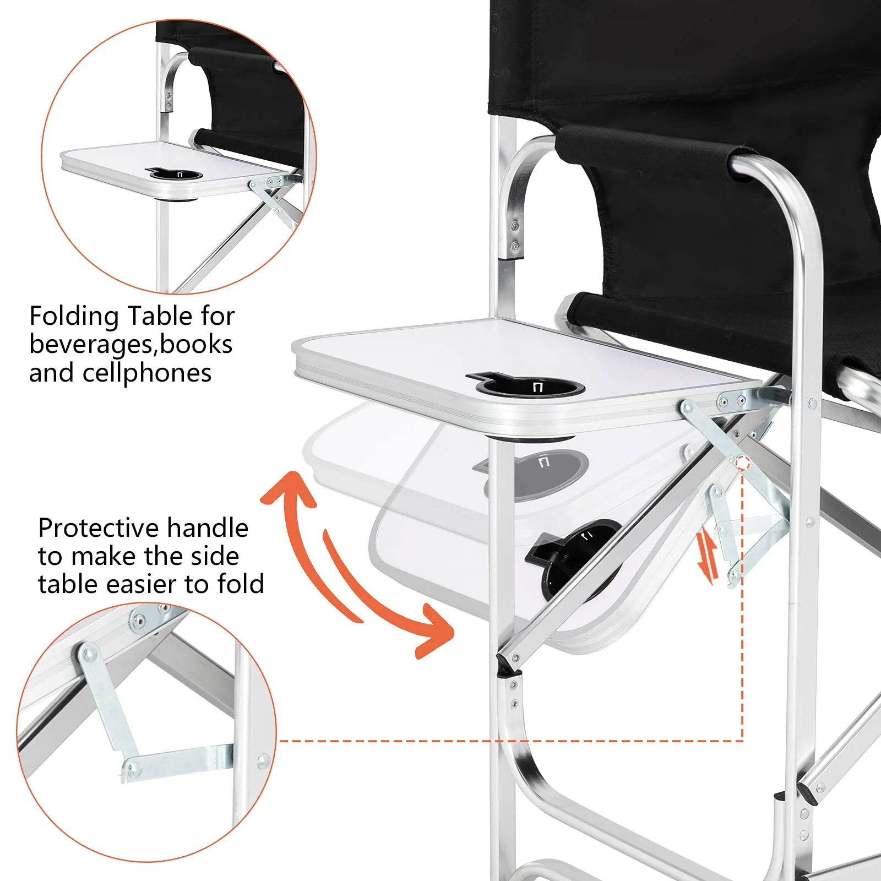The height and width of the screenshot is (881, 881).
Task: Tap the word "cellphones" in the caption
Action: pyautogui.click(x=147, y=373)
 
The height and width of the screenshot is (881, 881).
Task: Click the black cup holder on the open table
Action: pyautogui.click(x=529, y=387)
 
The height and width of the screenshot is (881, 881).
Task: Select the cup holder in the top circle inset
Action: pyautogui.click(x=176, y=175)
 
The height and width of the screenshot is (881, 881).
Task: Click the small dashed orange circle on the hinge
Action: pyautogui.click(x=742, y=463)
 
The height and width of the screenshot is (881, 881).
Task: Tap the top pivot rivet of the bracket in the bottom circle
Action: pyautogui.click(x=88, y=654)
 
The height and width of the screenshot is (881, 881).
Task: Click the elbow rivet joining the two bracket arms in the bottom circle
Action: pyautogui.click(x=130, y=766)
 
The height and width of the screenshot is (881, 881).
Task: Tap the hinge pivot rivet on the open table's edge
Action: pyautogui.click(x=687, y=407)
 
